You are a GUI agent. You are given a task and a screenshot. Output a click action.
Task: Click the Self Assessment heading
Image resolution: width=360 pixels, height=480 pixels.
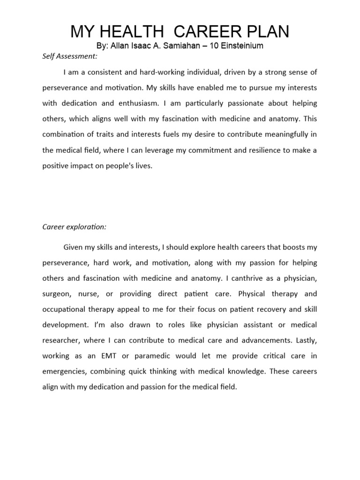pyautogui.click(x=70, y=57)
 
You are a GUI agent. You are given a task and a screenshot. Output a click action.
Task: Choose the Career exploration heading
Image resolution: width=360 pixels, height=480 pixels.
pyautogui.click(x=75, y=227)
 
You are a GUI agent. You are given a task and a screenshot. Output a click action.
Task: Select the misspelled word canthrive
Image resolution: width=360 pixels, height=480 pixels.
pyautogui.click(x=243, y=278)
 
